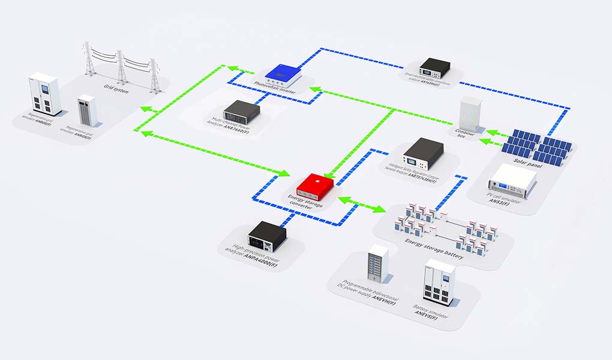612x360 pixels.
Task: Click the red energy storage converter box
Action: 314,187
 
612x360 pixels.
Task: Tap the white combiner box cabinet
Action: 470,114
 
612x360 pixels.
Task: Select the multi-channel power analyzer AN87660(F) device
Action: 241,110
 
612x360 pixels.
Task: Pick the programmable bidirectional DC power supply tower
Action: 378,263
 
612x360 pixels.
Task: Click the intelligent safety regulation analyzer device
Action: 422,154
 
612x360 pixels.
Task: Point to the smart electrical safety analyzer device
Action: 434,67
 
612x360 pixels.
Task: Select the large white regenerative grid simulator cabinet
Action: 46,94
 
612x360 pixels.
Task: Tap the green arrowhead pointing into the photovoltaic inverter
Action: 314,90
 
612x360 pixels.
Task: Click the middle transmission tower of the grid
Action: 122,65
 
